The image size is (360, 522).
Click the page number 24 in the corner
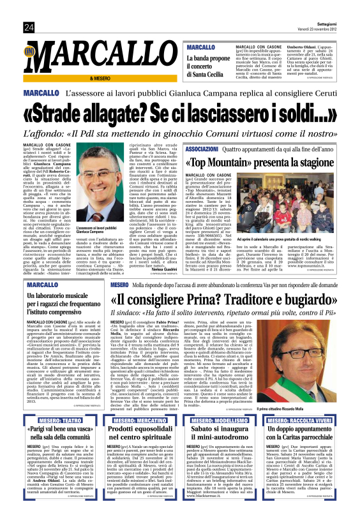[x=29, y=27]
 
